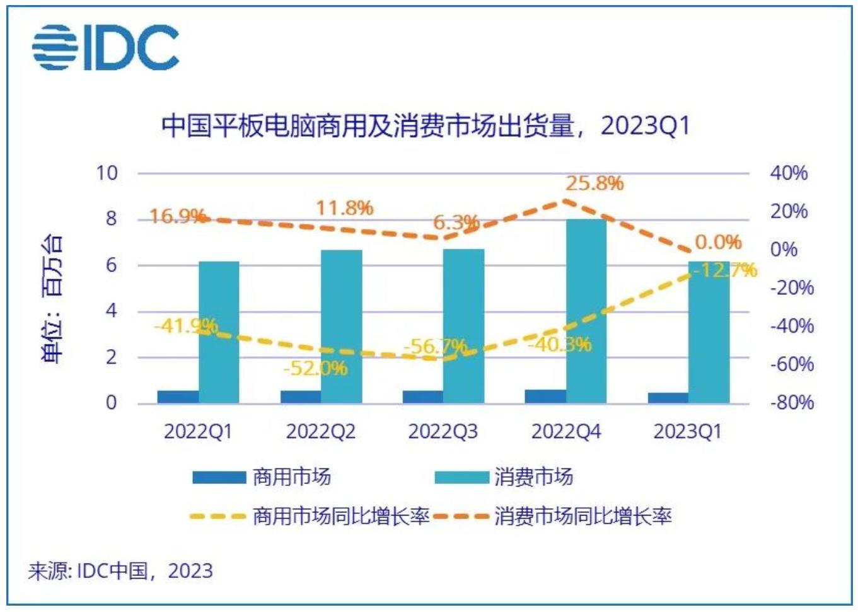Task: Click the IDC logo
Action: [106, 47]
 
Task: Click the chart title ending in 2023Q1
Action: [426, 126]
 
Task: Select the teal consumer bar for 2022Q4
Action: [586, 311]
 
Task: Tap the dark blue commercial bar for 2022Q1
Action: [178, 396]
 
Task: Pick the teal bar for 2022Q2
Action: [341, 326]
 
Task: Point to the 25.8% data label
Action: [594, 183]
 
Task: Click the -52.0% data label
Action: [315, 367]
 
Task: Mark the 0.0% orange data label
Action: [718, 242]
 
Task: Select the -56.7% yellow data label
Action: [435, 346]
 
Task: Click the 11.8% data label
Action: [344, 207]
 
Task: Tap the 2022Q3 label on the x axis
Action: [443, 432]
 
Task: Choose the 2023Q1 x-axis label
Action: [687, 432]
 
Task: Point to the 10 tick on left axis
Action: [107, 173]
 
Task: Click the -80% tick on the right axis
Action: [792, 402]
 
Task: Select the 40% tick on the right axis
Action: [789, 173]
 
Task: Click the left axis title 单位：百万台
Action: [52, 299]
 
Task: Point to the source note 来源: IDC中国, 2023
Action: [120, 571]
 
